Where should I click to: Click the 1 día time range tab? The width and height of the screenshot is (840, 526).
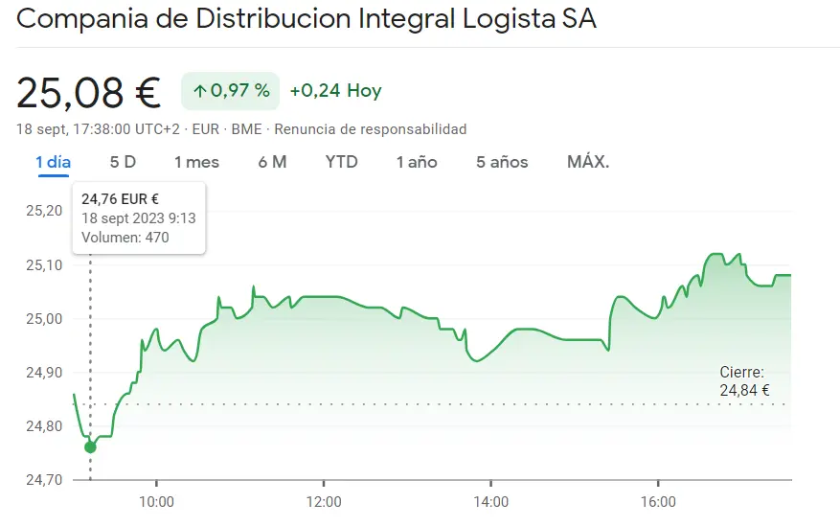54,162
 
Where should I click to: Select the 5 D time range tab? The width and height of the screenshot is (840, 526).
123,162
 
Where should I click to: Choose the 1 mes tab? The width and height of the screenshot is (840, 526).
196,162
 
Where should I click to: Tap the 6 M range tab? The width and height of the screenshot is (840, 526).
272,162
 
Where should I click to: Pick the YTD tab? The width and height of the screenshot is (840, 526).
341,162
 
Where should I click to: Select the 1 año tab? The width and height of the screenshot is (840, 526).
417,162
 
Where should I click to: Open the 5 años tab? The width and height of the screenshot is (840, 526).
502,162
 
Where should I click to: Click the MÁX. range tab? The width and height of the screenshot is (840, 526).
588,162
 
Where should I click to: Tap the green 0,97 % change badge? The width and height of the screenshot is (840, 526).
231,91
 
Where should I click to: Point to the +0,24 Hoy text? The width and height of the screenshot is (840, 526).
335,91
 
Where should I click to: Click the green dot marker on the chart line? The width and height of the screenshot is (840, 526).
91,446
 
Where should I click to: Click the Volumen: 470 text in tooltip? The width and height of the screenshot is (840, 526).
125,237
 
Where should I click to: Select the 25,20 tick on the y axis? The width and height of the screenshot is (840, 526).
41,211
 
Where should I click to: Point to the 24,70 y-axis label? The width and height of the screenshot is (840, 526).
41,479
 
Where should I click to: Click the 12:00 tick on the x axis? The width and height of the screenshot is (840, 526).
324,501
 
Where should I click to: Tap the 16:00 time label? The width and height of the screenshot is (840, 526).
658,501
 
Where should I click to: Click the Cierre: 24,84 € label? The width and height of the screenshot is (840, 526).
744,380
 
